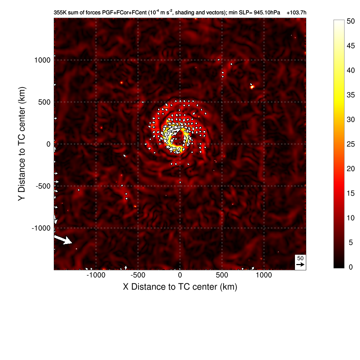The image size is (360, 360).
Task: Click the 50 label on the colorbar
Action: tap(351, 21)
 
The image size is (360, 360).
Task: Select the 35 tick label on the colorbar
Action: tap(351, 95)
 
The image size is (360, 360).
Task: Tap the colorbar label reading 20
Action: tap(351, 169)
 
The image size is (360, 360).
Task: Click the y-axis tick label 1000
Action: tap(42, 60)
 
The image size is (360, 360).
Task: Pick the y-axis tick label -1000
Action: tap(41, 228)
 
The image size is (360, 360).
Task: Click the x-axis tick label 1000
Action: tap(264, 275)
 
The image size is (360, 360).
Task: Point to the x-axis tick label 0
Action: tap(180, 275)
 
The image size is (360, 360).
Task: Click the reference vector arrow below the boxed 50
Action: tap(300, 264)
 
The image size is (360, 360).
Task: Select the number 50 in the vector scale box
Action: tap(300, 258)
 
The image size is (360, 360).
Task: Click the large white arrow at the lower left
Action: tap(63, 240)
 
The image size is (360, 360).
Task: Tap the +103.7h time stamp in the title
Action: tap(296, 13)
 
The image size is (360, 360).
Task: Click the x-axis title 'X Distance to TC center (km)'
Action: tap(180, 287)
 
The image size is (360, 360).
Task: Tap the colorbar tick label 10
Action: tap(351, 218)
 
